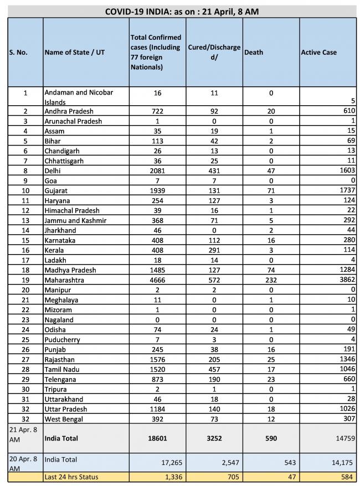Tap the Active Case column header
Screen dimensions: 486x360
coord(318,53)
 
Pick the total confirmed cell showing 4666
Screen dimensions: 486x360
coord(158,280)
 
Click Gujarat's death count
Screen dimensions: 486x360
coord(271,190)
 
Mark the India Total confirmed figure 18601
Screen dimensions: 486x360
coord(158,439)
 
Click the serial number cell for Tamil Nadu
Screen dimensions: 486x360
coord(25,370)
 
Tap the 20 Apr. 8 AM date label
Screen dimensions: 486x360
coord(22,463)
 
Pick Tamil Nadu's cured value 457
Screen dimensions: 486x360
coord(213,370)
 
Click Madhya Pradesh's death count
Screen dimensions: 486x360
coord(271,270)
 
